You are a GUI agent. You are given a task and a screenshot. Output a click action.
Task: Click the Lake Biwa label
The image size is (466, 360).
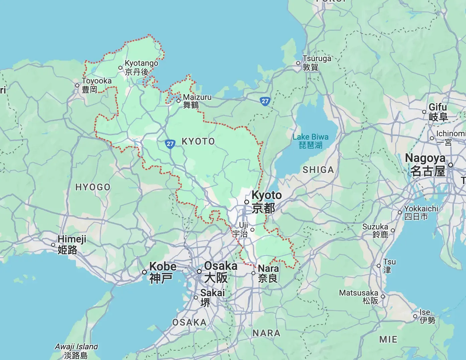click(310, 141)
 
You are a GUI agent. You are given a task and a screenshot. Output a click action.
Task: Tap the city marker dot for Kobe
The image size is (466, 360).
click(144, 272)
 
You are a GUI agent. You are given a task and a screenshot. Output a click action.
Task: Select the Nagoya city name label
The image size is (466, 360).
click(425, 164)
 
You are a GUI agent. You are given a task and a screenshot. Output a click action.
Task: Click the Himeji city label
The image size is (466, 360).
click(72, 244)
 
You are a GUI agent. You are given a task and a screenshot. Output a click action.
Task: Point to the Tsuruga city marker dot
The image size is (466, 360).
click(298, 63)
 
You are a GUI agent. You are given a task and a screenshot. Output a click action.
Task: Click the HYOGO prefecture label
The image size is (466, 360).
click(93, 187)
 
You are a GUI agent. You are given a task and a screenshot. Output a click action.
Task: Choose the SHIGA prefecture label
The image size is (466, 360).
click(318, 170)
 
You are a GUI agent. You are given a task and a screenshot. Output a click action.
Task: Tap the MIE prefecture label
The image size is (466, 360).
click(388, 339)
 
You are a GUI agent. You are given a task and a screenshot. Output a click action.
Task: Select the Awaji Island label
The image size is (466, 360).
click(76, 351)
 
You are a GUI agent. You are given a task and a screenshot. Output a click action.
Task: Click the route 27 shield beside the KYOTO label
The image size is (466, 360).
click(170, 144)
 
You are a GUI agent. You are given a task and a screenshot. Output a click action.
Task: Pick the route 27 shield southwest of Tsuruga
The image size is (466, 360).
click(265, 101)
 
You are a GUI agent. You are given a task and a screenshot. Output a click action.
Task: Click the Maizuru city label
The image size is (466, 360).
click(197, 101)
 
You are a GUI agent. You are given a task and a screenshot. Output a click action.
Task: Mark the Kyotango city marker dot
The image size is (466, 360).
click(120, 68)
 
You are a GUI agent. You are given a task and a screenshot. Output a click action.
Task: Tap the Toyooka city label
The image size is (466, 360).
click(96, 85)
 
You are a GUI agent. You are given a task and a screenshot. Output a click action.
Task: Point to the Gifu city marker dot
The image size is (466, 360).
click(424, 112)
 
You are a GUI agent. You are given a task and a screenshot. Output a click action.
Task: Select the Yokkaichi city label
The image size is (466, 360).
click(421, 212)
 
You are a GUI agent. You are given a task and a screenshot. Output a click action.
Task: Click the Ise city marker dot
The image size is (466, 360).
click(415, 316)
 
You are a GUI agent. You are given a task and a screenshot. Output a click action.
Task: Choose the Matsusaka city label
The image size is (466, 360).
click(359, 297)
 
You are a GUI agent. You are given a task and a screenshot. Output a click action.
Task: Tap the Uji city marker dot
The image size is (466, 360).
click(252, 230)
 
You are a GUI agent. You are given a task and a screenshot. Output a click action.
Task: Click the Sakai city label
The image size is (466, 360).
click(212, 297)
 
